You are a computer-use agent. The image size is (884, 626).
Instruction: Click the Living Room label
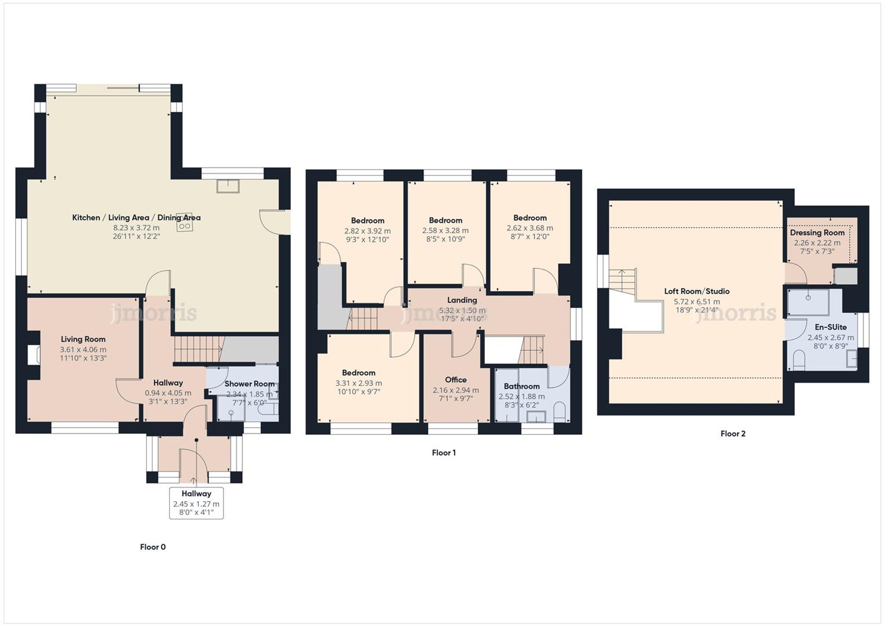(83, 339)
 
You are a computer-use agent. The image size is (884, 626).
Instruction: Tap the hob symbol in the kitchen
(184, 226)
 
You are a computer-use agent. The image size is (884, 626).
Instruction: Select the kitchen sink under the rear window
(228, 186)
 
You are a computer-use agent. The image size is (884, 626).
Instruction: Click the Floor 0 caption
(152, 547)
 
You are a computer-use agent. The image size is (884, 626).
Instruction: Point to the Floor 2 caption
(733, 434)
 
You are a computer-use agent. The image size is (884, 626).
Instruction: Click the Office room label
(456, 380)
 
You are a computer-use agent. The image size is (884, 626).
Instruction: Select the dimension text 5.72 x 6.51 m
(697, 302)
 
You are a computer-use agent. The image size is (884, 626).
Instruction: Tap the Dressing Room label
(817, 233)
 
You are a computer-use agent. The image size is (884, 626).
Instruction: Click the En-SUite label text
(831, 327)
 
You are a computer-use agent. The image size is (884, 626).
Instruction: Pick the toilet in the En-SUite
(799, 361)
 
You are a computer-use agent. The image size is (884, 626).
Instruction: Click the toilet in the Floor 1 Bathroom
(559, 410)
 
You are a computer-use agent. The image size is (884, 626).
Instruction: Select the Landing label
(462, 300)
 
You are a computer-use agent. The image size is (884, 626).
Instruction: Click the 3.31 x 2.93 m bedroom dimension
(358, 383)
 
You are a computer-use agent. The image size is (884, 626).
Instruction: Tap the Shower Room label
(249, 384)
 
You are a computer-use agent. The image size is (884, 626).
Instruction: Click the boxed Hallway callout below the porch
(196, 503)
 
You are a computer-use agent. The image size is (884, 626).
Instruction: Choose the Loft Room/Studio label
(697, 291)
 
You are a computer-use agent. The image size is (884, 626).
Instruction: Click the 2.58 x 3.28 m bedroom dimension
(445, 230)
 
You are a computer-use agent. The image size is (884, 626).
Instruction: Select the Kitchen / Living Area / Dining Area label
(136, 218)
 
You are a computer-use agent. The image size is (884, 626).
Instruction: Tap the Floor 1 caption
(443, 453)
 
